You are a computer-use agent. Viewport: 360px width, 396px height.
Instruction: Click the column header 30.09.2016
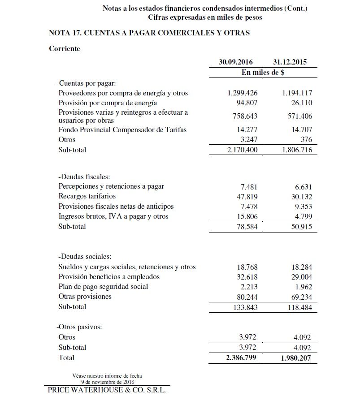236,62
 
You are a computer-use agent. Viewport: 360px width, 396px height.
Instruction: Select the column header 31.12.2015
290,62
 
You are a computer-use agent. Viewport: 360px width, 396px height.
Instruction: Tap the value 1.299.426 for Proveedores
243,93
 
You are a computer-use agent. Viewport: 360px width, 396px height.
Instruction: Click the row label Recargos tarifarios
87,196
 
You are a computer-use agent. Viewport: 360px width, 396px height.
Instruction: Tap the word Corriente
65,48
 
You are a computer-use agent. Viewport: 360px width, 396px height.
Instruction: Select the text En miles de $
263,73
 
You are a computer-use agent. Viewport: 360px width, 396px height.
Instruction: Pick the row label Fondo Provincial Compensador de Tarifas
122,129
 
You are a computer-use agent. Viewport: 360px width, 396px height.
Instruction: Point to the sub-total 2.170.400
243,150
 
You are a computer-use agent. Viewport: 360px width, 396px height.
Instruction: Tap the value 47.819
247,196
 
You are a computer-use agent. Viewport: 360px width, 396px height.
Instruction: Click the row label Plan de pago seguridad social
103,286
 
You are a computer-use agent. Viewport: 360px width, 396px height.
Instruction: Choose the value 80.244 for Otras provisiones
247,297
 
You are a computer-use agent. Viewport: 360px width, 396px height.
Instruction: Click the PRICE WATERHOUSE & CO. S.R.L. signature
106,390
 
